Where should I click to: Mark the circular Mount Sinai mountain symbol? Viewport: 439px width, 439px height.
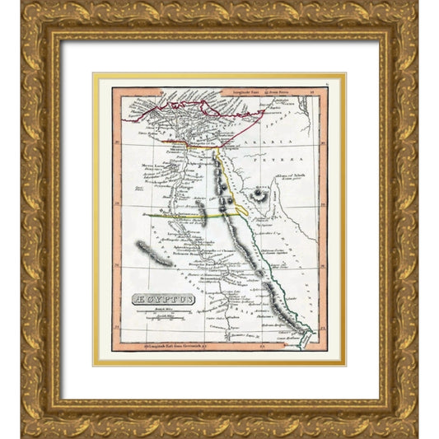(x=262, y=196)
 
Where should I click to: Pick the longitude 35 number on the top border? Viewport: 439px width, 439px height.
(x=312, y=94)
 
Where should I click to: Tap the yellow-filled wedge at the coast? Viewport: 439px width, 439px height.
(x=242, y=210)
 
